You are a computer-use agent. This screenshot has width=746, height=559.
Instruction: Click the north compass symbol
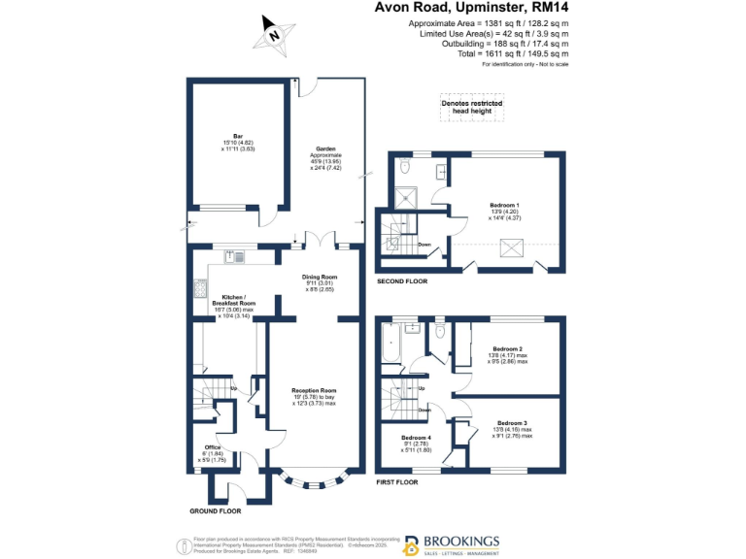[x=275, y=33]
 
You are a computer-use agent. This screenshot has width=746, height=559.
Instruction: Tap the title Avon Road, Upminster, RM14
[x=472, y=10]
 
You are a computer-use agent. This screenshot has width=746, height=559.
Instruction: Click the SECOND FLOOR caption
[x=403, y=281]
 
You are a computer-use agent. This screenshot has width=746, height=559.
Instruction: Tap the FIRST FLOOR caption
[x=397, y=481]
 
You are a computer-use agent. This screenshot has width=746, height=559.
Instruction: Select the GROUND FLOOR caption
[x=216, y=510]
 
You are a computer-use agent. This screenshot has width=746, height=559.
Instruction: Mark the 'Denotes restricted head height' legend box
[x=471, y=108]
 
